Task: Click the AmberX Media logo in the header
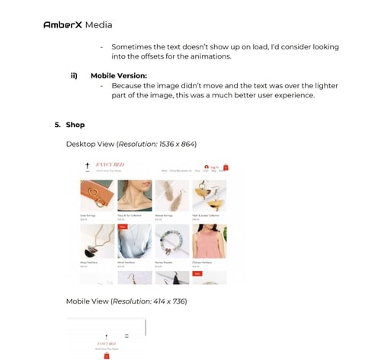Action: pos(78,24)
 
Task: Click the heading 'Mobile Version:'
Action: pos(118,75)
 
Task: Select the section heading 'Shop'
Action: pos(75,124)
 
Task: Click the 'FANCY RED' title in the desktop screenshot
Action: pos(110,165)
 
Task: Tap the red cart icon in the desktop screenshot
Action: pos(226,167)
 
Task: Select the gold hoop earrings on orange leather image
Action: pos(97,196)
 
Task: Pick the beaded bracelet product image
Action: pos(171,241)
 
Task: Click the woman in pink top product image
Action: pos(209,241)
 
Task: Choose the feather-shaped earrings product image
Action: pos(171,196)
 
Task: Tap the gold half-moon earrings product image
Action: pos(209,196)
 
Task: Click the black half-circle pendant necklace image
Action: pos(97,241)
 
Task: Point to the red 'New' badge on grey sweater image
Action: pos(122,227)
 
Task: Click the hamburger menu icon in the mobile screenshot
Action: pos(126,335)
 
